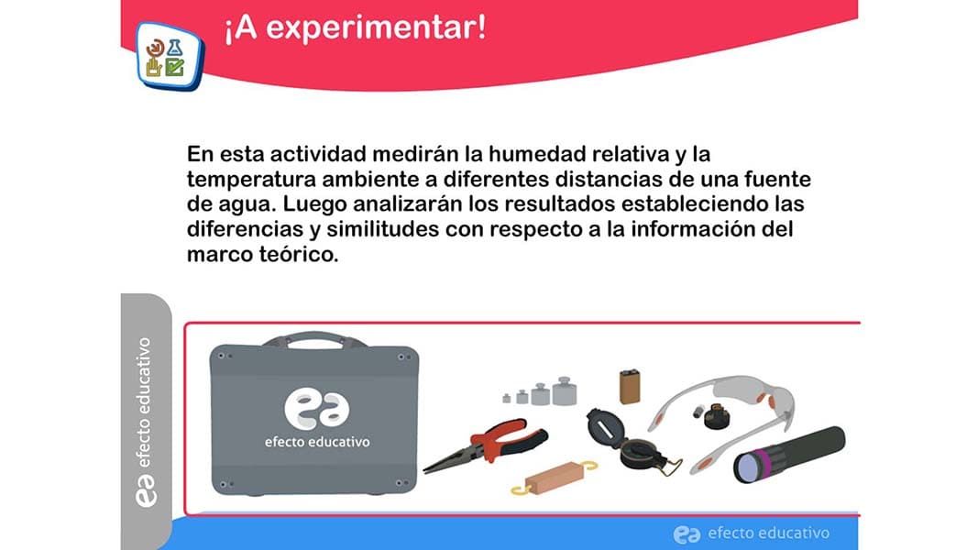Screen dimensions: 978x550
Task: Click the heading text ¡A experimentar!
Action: (x=355, y=28)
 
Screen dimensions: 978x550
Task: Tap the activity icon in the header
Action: (x=169, y=56)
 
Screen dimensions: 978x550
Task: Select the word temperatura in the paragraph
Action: (x=251, y=181)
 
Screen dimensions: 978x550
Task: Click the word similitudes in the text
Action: (x=383, y=229)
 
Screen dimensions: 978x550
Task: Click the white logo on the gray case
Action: (x=317, y=410)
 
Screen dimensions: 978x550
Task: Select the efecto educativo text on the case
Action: (x=317, y=442)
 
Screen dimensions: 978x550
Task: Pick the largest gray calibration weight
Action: (x=564, y=391)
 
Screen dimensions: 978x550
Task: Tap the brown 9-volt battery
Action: (x=630, y=387)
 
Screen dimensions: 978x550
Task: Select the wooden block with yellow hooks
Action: (x=554, y=478)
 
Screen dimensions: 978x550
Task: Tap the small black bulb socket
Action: (x=717, y=416)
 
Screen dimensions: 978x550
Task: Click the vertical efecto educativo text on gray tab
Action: (x=145, y=402)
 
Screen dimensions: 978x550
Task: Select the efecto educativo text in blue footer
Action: (x=768, y=533)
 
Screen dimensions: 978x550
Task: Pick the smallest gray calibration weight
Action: (x=507, y=398)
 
